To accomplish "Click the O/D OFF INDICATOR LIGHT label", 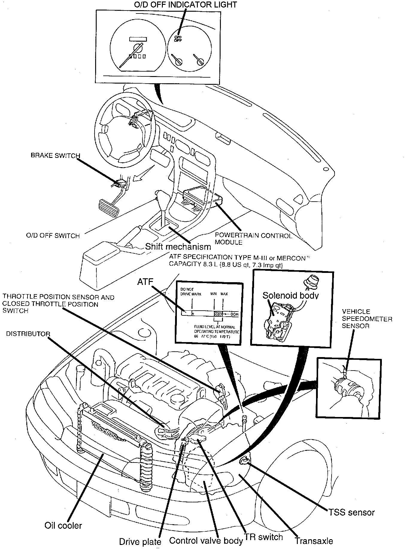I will click(185, 5).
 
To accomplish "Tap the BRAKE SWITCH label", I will click(55, 156).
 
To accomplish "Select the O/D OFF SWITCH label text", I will click(53, 236).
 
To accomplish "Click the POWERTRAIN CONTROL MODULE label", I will click(253, 239).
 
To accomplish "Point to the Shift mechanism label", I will click(178, 247).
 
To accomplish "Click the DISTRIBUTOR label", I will click(28, 334).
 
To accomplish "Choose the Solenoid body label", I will click(290, 295).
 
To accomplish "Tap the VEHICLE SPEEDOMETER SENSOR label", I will click(367, 319).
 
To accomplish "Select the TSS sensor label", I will click(352, 513).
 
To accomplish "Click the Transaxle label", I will click(314, 541).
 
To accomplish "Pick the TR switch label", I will click(264, 537).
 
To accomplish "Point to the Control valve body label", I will click(206, 541).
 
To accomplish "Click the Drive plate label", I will click(140, 542).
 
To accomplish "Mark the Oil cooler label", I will click(63, 525).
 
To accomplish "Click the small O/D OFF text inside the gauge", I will click(178, 39).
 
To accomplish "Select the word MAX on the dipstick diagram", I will click(224, 294).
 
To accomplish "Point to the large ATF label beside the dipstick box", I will click(145, 282).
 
